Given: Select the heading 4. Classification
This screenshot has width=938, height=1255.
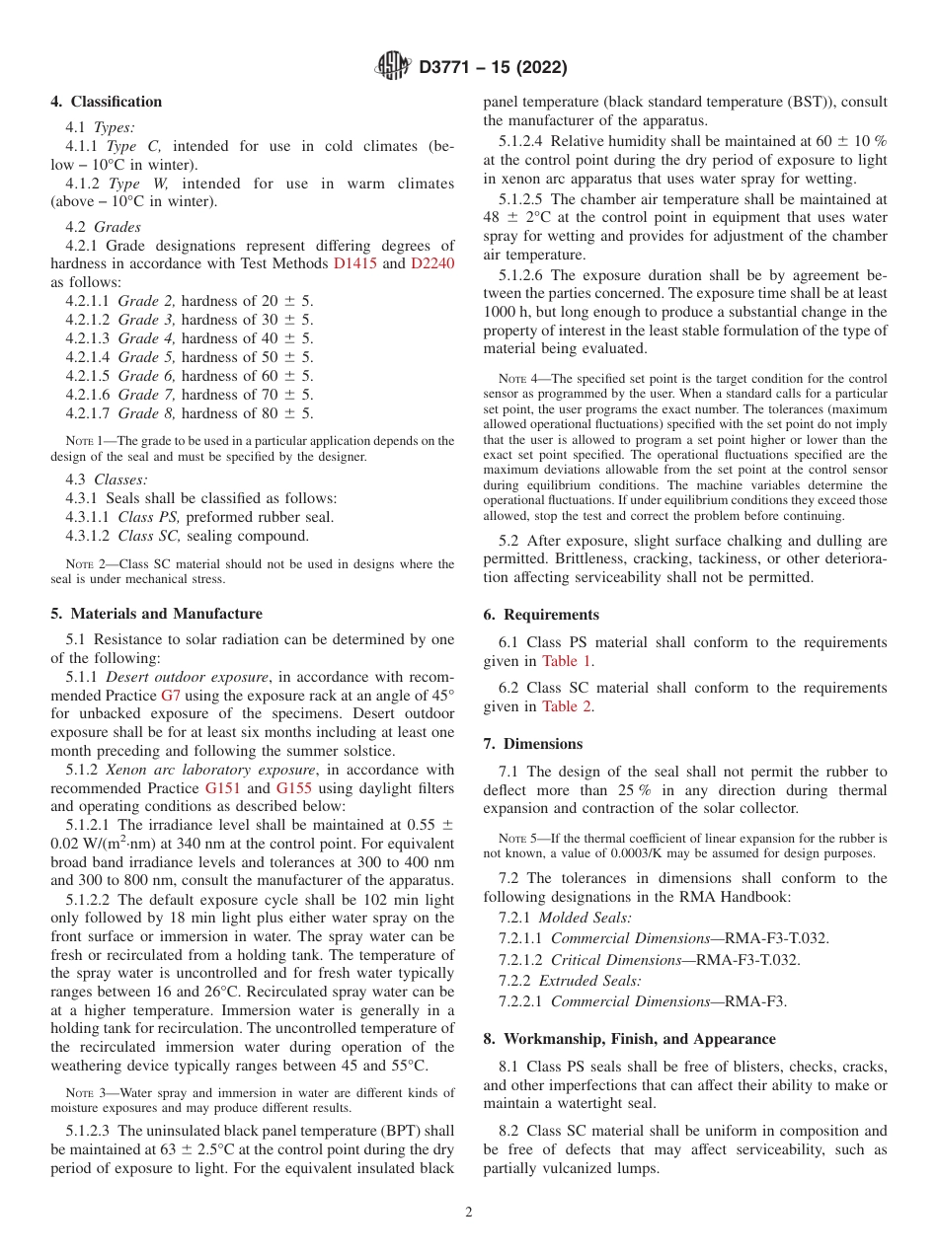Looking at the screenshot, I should [x=107, y=102].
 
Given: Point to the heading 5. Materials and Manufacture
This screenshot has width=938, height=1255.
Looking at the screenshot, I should [x=157, y=614].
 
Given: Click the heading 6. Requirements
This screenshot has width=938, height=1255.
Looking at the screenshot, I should [x=541, y=615].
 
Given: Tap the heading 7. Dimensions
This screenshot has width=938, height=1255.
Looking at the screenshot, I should [x=533, y=744].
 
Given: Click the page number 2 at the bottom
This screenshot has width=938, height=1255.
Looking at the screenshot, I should [x=469, y=1213].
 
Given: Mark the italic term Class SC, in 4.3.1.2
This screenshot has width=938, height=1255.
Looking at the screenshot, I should [x=149, y=536].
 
